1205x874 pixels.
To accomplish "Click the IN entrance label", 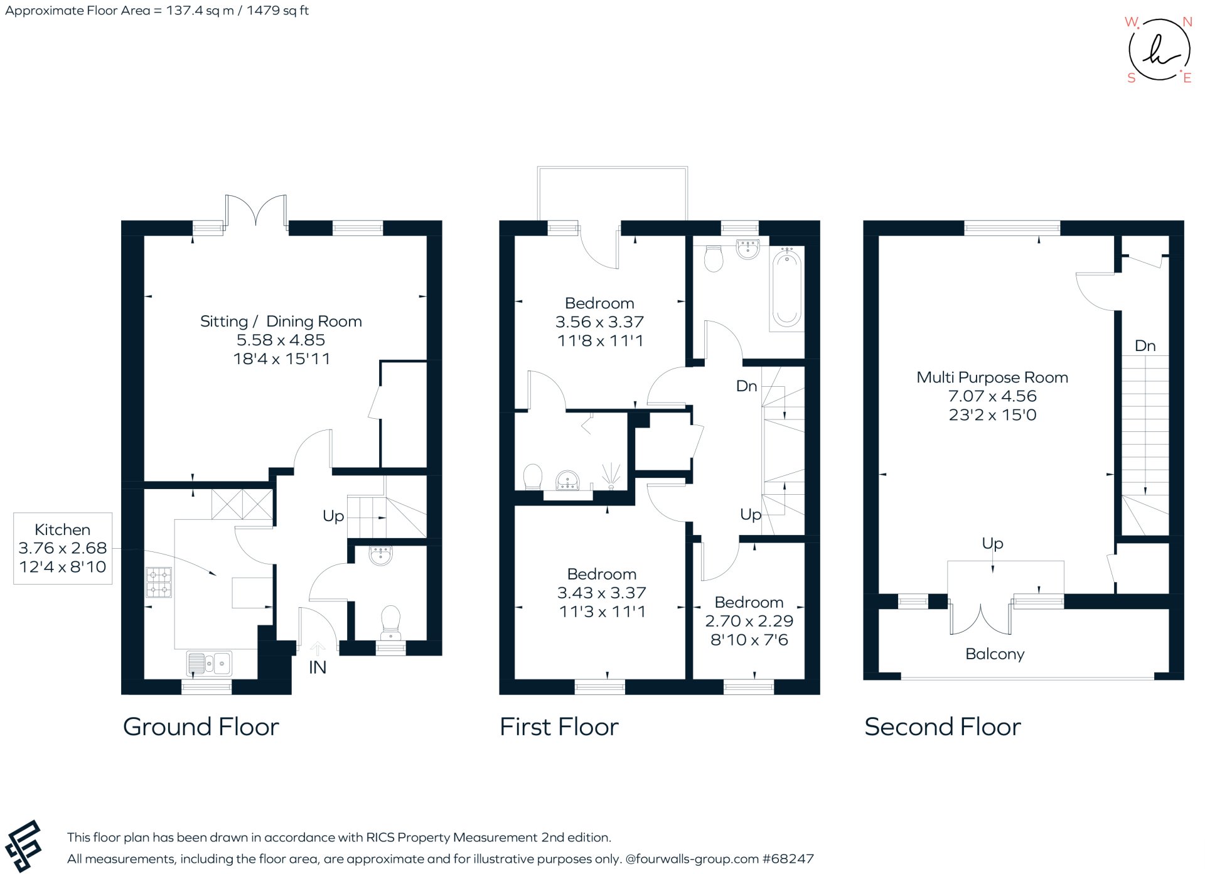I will (317, 667).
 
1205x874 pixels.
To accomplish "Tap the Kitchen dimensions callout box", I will (63, 548).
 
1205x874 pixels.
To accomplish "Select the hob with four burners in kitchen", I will (159, 582).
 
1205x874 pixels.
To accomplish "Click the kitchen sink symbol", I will (209, 662).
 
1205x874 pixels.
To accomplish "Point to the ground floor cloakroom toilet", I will (391, 618).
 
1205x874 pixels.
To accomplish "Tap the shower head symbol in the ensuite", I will (611, 475).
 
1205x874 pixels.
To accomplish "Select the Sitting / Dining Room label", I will (281, 321).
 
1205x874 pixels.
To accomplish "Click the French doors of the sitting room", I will (256, 210).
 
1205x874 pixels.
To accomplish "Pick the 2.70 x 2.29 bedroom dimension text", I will (749, 621).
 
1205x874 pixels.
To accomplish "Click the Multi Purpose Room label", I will (992, 377).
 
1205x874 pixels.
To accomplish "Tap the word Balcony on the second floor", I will (995, 654).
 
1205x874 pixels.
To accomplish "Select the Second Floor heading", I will (942, 727).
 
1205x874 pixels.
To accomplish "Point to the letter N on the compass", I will (1187, 22).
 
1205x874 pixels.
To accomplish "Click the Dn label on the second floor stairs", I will (1145, 346).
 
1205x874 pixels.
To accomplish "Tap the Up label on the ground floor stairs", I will (333, 516).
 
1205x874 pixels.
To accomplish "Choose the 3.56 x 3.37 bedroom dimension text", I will (599, 322).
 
